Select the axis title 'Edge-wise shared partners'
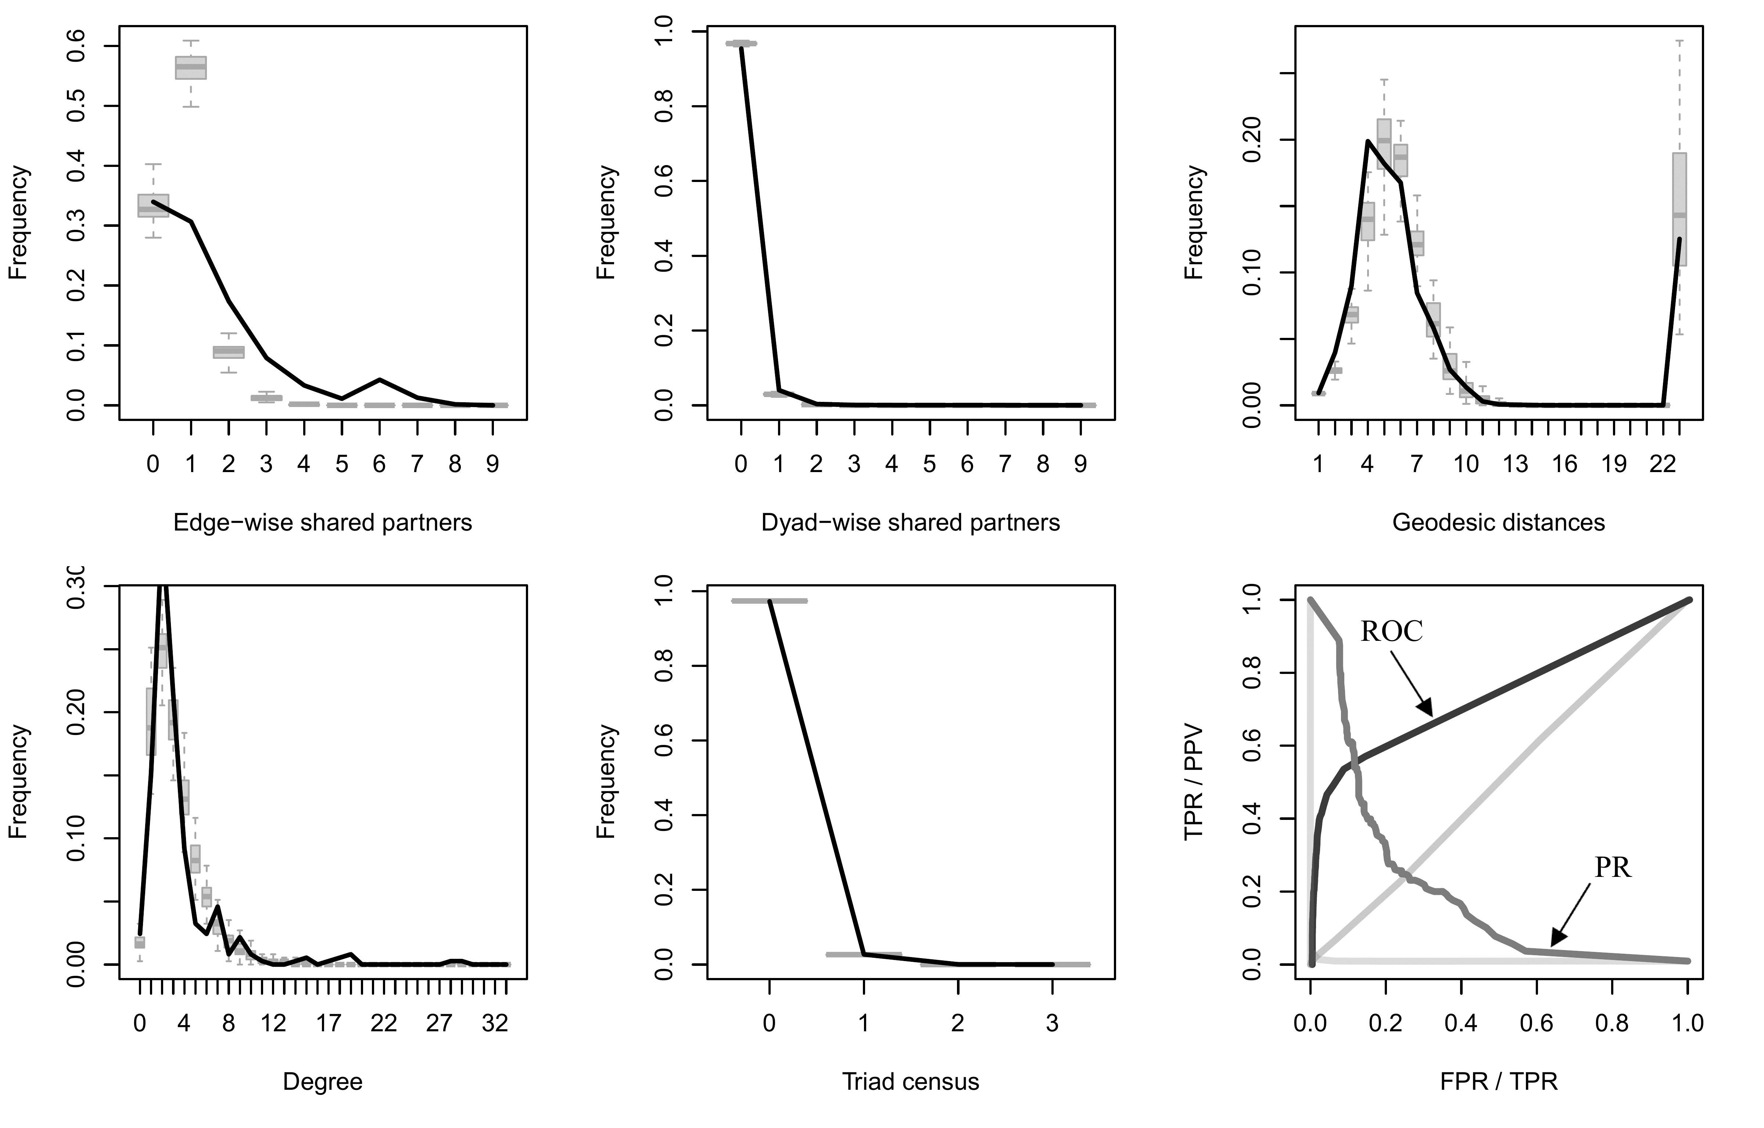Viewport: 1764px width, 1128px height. click(322, 522)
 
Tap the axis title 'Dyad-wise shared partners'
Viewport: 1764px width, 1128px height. click(911, 522)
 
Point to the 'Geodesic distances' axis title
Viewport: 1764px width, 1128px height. click(1498, 522)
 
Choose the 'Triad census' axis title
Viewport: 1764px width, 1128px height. click(911, 1082)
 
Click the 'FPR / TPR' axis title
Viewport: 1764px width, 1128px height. click(1498, 1082)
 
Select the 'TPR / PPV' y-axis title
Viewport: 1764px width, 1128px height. click(1194, 782)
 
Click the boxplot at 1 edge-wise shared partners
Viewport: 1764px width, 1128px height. click(190, 67)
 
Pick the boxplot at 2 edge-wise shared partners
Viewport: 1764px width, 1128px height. click(229, 352)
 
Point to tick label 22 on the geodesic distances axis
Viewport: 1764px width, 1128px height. click(1663, 464)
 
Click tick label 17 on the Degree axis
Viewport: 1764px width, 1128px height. click(329, 1023)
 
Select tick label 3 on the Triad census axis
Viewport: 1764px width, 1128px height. click(1052, 1023)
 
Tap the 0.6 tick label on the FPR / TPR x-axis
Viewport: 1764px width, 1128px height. click(1536, 1023)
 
